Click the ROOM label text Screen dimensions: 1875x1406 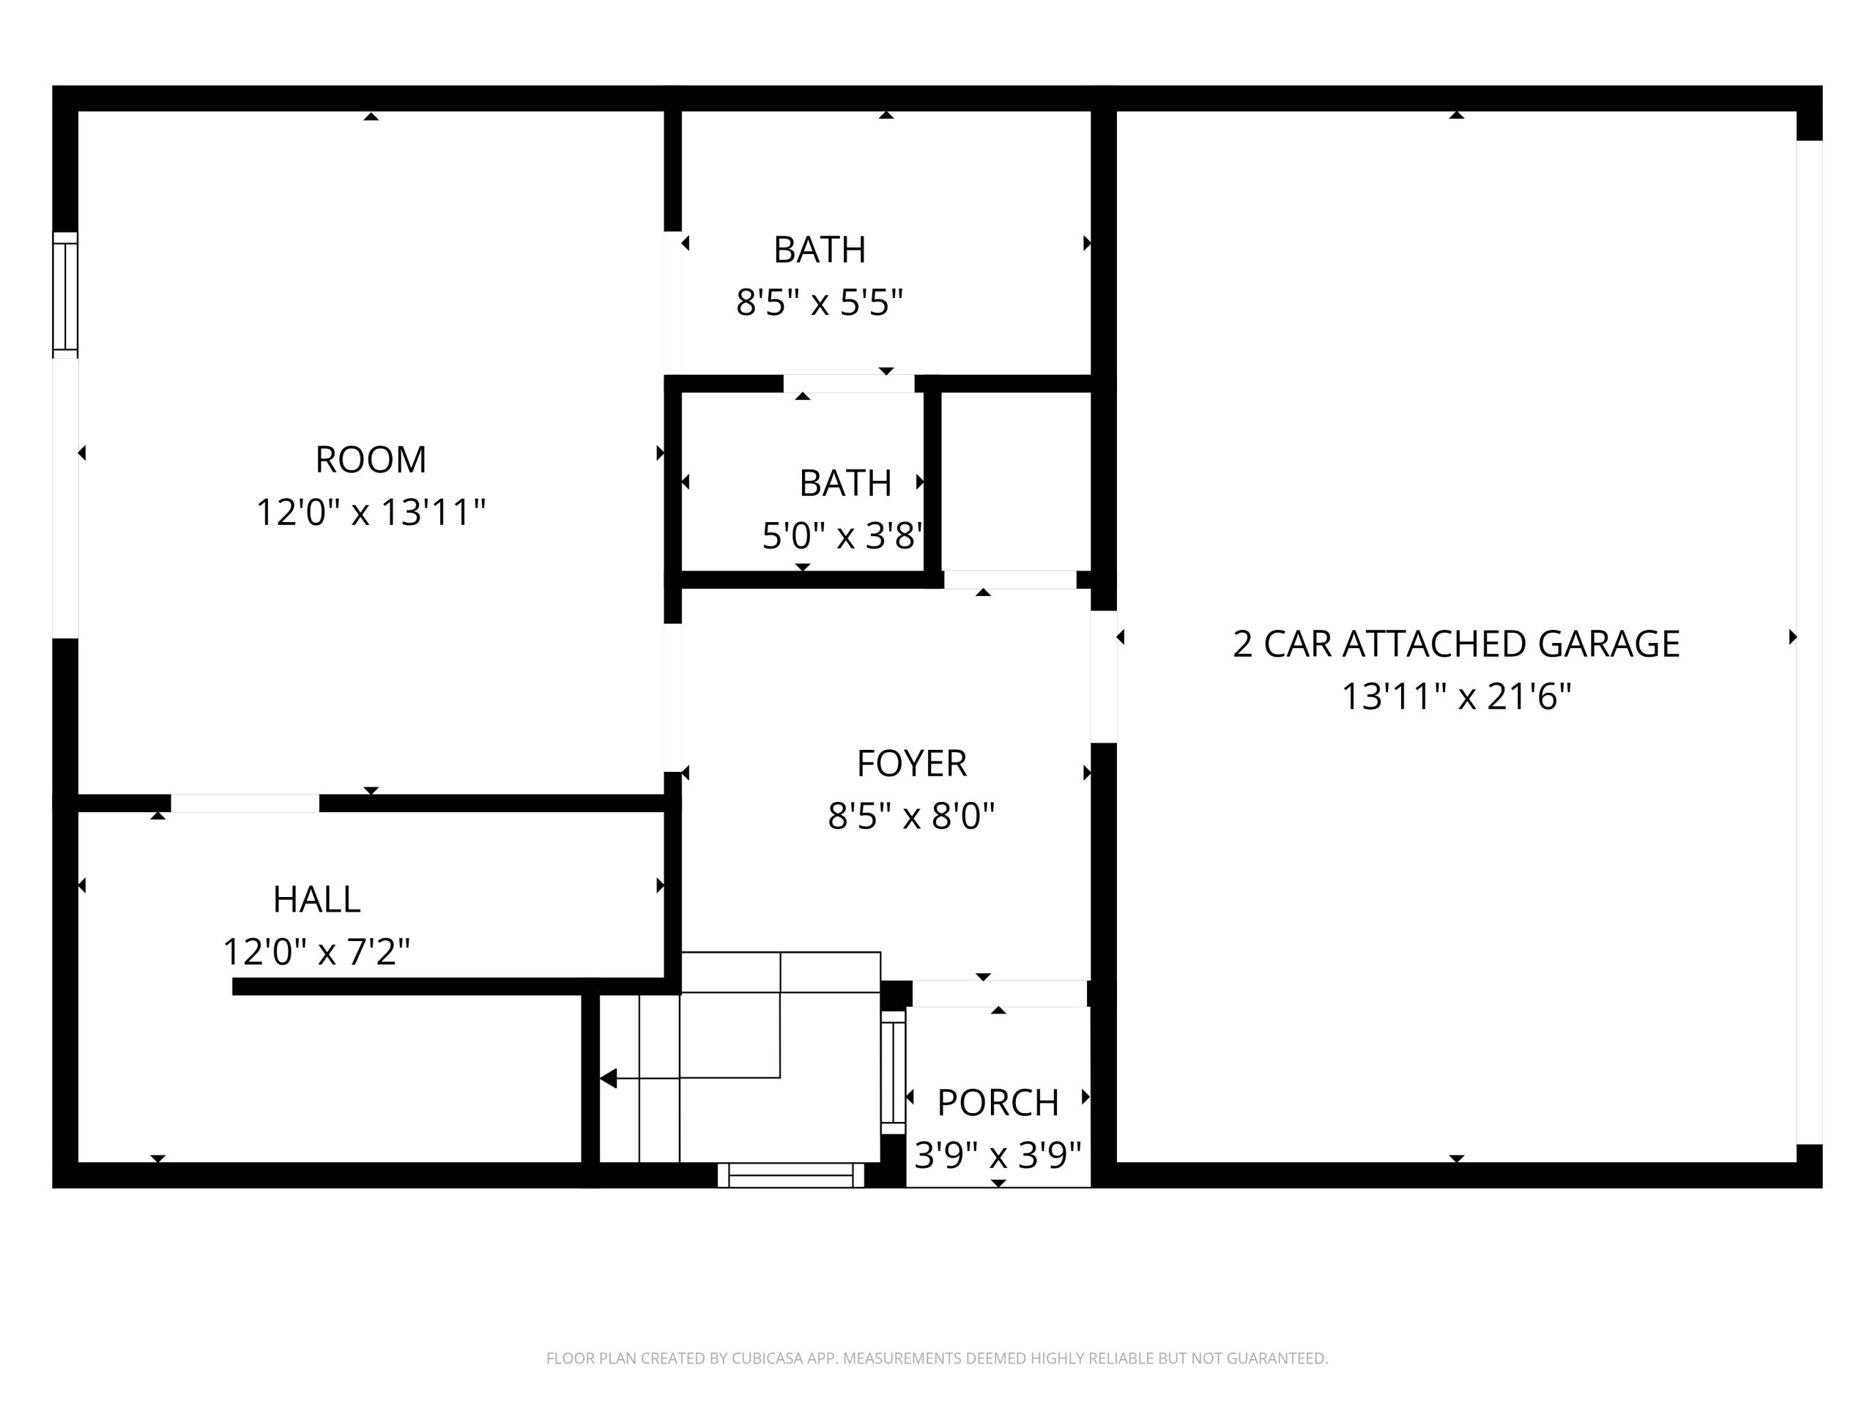(x=371, y=459)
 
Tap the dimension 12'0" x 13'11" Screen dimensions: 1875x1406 (x=371, y=513)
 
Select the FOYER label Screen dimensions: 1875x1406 (x=911, y=764)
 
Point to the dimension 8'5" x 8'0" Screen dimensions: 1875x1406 (x=911, y=817)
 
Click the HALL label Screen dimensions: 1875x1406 (x=316, y=899)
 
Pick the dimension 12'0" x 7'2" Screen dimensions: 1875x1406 (x=316, y=952)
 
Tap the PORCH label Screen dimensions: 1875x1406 (x=998, y=1103)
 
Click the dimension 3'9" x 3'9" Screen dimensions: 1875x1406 (x=998, y=1154)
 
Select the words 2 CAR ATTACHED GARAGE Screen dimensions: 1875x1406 (x=1455, y=644)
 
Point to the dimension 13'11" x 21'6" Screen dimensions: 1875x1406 (x=1455, y=696)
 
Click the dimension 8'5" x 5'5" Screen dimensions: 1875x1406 (x=819, y=302)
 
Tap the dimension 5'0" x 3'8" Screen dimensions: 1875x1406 (x=842, y=535)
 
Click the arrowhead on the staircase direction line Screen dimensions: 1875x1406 (x=608, y=1079)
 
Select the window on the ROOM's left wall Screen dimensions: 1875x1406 (x=65, y=295)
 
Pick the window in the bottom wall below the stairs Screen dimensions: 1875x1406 (x=791, y=1175)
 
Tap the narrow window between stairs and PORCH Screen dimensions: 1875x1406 (x=894, y=1072)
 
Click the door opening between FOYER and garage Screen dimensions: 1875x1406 (x=1103, y=677)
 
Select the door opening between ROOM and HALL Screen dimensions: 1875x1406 (x=245, y=803)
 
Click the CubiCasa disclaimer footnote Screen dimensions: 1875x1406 (x=937, y=1358)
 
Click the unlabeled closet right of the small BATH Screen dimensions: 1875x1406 (x=1015, y=481)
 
